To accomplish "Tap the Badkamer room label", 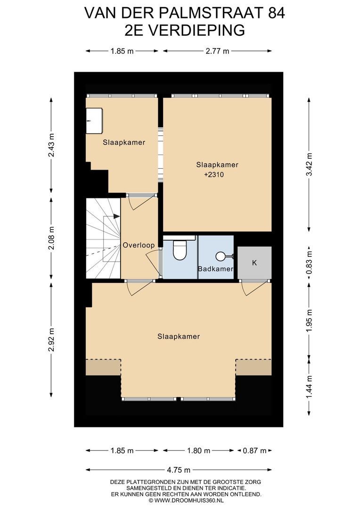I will (216, 269).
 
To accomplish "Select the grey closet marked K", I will (254, 263).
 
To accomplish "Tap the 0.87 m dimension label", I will (254, 451).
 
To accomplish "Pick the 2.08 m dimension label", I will (51, 238).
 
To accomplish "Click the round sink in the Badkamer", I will (220, 256).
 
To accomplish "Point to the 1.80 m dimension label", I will (198, 451).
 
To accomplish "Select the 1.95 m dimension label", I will (309, 321).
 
